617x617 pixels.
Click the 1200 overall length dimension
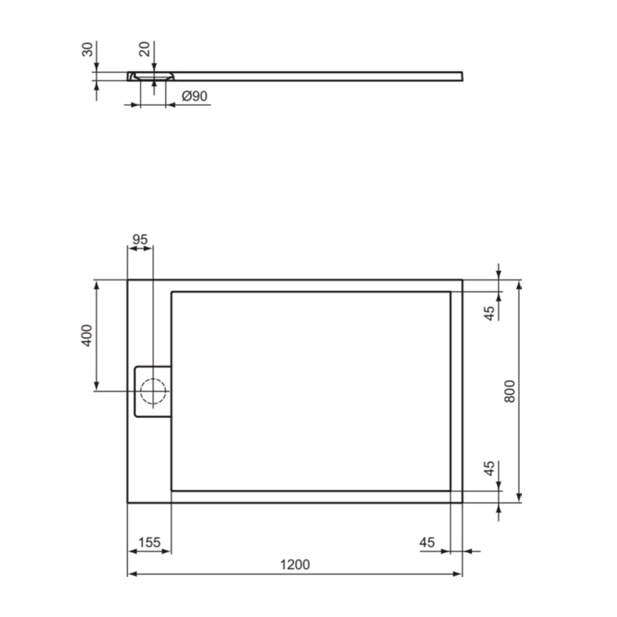pos(295,565)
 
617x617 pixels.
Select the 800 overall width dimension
pos(509,391)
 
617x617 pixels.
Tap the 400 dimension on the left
pos(87,335)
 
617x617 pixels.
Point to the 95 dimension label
pos(140,239)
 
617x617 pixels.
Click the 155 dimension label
pos(149,542)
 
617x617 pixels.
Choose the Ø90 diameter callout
pos(195,96)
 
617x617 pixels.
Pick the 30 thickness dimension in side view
pos(87,49)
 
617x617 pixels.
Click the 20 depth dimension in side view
pos(144,49)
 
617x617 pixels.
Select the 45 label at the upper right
pos(489,313)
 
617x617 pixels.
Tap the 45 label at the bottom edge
pos(427,542)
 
